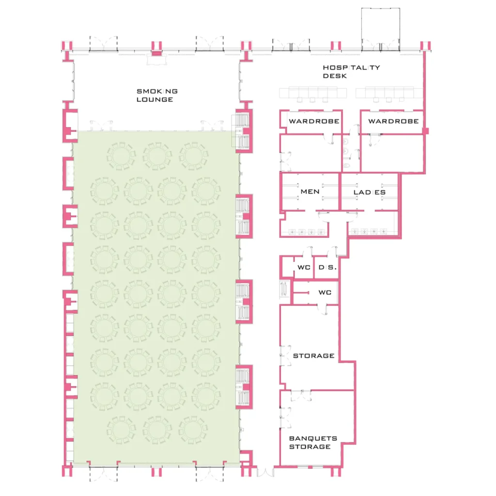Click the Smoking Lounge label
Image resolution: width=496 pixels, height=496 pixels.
pos(157,95)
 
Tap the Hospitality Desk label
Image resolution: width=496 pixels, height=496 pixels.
pos(351,72)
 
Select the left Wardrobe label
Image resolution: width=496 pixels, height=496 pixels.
pos(314,121)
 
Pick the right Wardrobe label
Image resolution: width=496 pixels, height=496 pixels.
pos(393,121)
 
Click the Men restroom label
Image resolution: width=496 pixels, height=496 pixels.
pos(310,192)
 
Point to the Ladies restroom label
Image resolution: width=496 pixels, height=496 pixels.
pos(370,192)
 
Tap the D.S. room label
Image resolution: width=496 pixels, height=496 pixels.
pos(327,267)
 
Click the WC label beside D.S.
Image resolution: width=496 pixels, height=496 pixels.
pos(304,267)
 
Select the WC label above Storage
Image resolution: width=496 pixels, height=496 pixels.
pos(325,292)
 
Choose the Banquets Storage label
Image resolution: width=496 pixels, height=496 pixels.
pos(313,443)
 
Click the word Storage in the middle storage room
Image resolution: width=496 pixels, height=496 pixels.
pos(313,356)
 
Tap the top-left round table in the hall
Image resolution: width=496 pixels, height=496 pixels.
pos(121,156)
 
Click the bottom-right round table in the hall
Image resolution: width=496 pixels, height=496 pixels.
pos(192,430)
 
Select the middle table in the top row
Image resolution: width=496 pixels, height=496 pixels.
pos(157,156)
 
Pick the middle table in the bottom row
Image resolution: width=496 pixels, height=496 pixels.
pos(157,430)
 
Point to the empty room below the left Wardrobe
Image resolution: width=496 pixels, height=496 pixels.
pos(310,154)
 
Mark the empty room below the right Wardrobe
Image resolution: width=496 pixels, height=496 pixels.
pos(392,154)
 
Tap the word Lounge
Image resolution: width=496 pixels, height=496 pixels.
pos(155,100)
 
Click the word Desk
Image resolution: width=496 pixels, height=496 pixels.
pos(335,76)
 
